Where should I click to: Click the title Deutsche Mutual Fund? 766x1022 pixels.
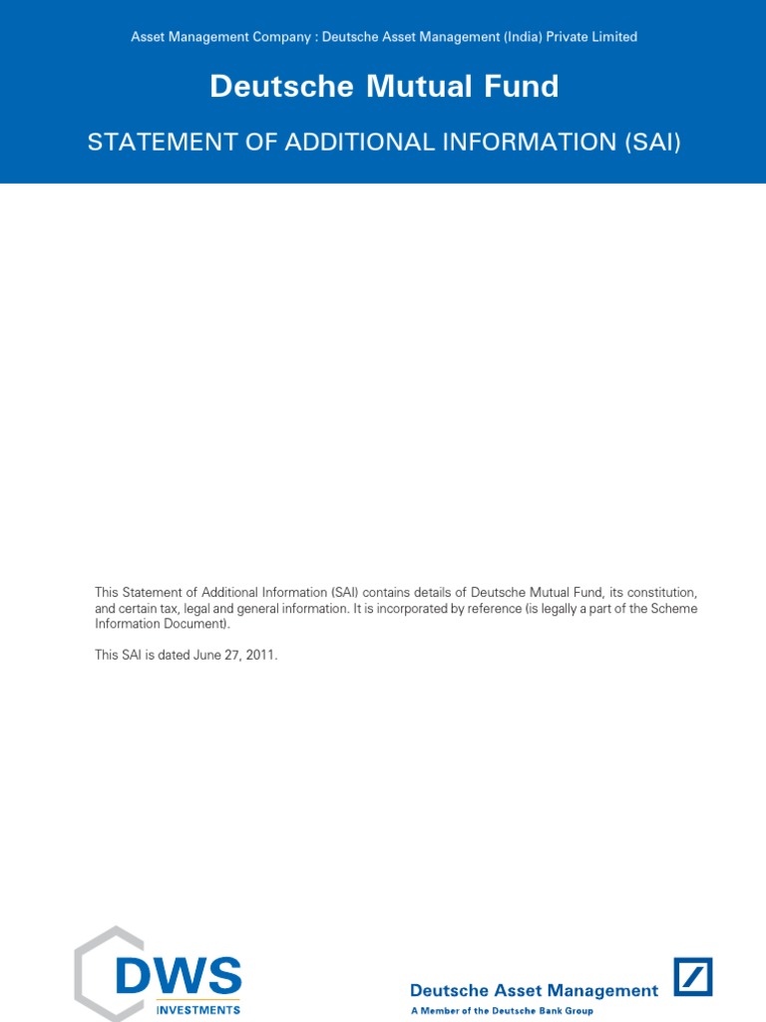[x=384, y=87]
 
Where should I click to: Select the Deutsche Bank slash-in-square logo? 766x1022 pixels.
[x=693, y=976]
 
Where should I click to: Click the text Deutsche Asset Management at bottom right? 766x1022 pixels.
[x=534, y=991]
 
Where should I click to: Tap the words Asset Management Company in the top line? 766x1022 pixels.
[x=220, y=37]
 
